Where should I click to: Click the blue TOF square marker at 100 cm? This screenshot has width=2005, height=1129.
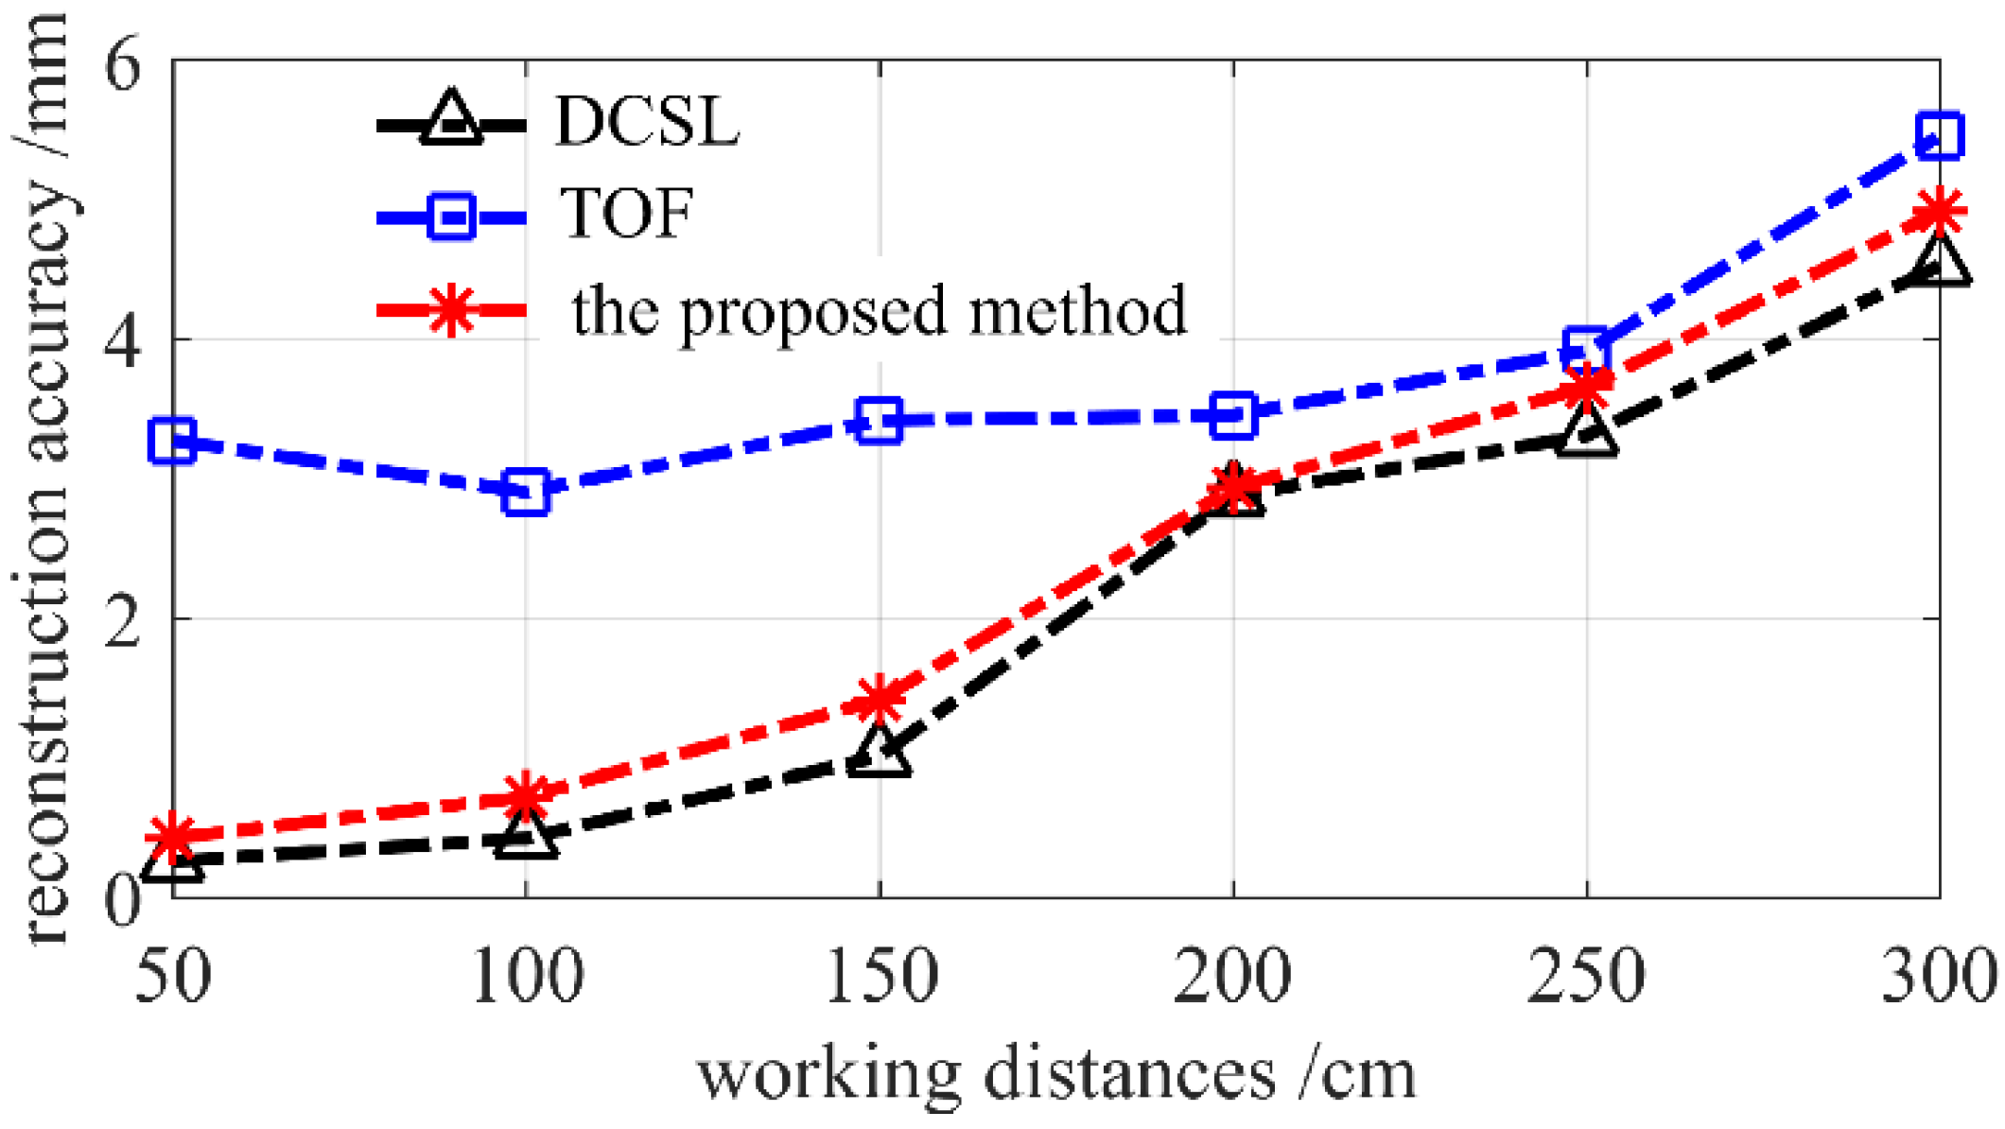click(x=526, y=491)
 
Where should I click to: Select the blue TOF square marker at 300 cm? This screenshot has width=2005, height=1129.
click(x=1939, y=135)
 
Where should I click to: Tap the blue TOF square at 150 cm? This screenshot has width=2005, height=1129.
click(x=880, y=420)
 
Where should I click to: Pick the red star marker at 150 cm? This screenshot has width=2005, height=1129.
click(x=880, y=698)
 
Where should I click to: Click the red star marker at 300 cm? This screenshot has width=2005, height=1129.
click(x=1939, y=211)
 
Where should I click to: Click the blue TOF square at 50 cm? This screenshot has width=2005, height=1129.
click(x=173, y=441)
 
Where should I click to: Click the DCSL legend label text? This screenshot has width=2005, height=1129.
click(x=647, y=122)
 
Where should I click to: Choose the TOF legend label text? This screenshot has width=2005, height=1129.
click(x=627, y=213)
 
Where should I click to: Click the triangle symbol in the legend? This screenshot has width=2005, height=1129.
click(x=451, y=121)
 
